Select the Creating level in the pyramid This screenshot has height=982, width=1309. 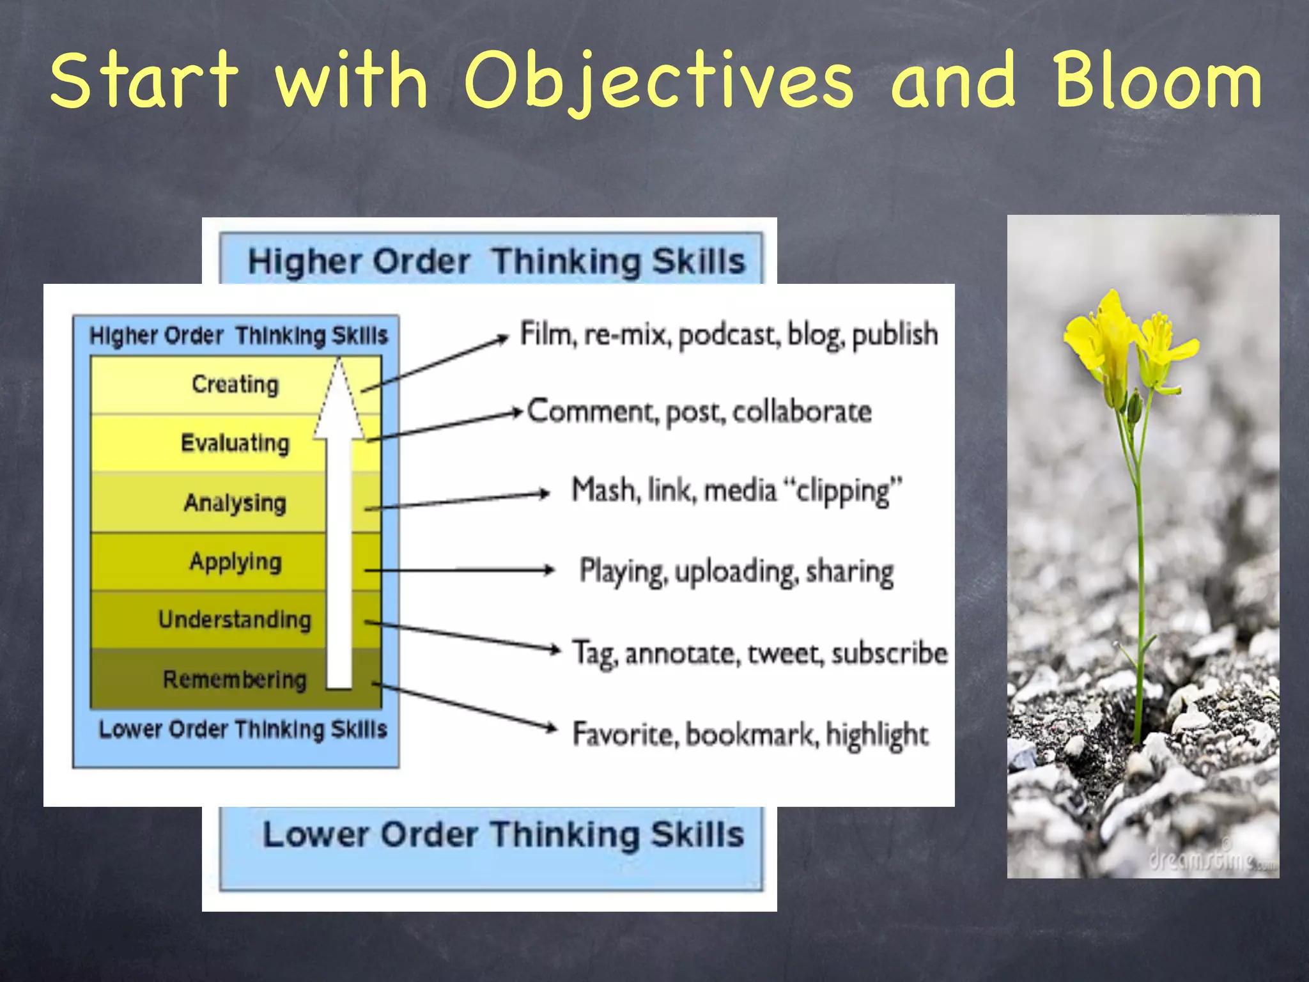pos(235,384)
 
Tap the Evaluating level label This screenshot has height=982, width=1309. pos(235,443)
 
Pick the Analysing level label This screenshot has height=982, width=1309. pos(235,503)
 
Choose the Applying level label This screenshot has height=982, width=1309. pos(235,562)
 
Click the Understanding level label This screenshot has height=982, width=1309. pos(235,620)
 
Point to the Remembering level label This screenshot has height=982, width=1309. pos(235,679)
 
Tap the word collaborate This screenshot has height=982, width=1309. pos(802,412)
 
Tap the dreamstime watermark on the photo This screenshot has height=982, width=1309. pos(1208,860)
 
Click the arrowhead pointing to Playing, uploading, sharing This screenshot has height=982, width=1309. pos(549,570)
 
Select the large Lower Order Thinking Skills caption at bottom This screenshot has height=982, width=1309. pos(503,835)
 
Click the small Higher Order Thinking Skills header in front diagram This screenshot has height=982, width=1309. pos(238,336)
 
